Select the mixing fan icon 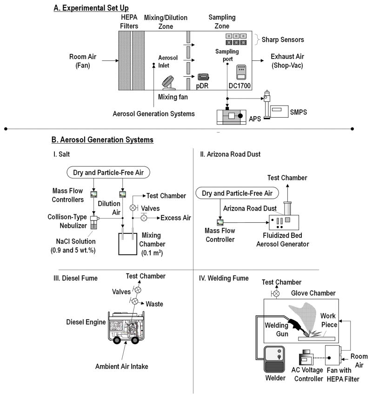coord(168,84)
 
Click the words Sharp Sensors coord(278,40)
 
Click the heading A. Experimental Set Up coord(88,7)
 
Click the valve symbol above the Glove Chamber coord(276,294)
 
